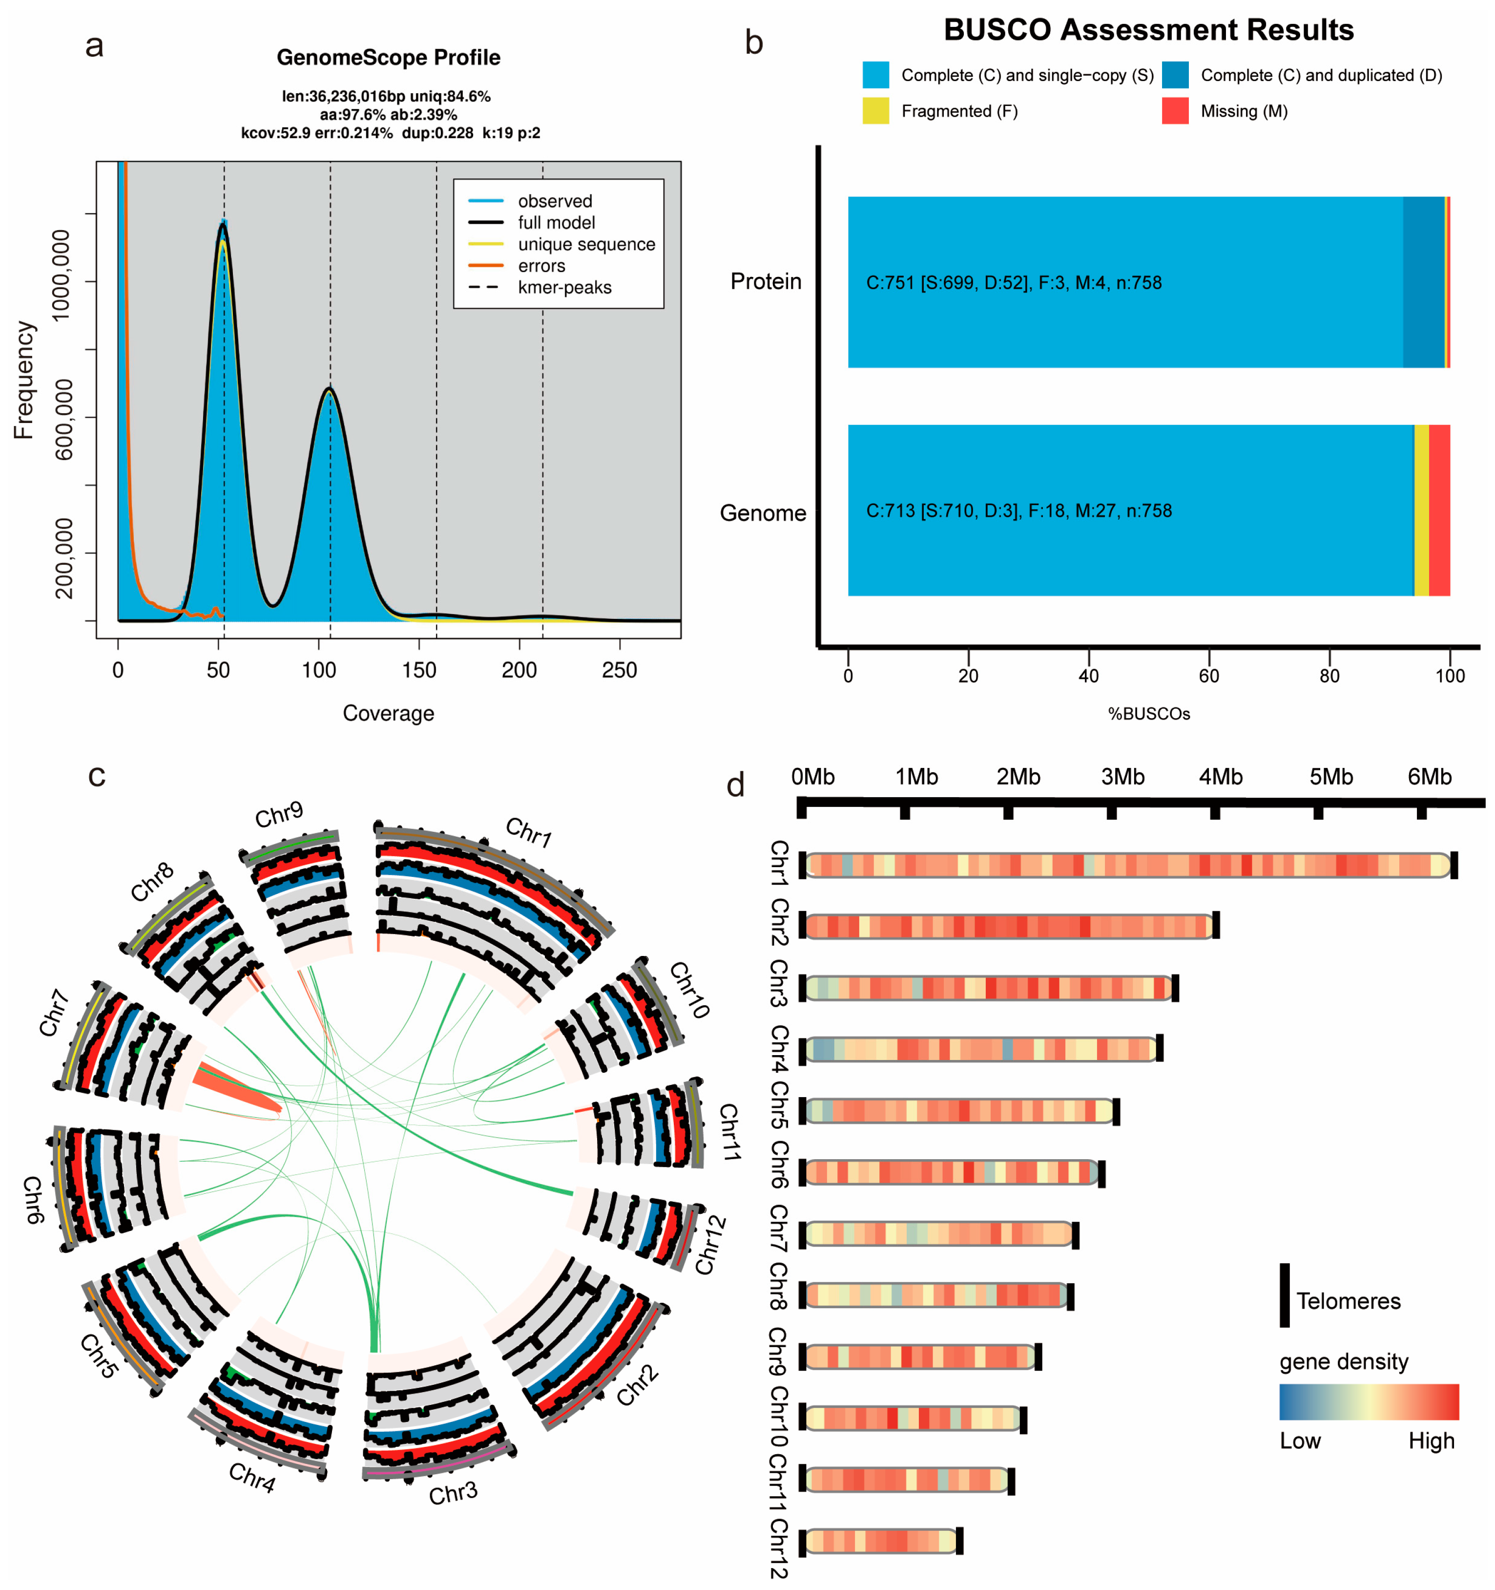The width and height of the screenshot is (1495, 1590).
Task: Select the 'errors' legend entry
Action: [541, 266]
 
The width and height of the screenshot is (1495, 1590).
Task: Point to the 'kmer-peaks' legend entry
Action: [564, 287]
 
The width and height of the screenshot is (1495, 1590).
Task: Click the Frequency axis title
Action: [24, 380]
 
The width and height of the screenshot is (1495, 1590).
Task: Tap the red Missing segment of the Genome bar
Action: [1439, 510]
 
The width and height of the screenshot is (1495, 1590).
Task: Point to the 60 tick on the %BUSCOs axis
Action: [1209, 676]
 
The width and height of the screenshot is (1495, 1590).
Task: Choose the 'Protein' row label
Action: [765, 281]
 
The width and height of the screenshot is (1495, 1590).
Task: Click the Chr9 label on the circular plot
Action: [279, 815]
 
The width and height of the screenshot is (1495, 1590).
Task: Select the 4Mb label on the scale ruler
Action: [1220, 777]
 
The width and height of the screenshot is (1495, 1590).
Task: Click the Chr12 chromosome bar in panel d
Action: [879, 1540]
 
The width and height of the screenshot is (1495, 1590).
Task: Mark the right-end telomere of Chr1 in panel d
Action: [1454, 865]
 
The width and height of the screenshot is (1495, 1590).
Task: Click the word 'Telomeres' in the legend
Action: [1348, 1301]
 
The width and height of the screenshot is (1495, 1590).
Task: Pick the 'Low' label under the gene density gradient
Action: [1300, 1441]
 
